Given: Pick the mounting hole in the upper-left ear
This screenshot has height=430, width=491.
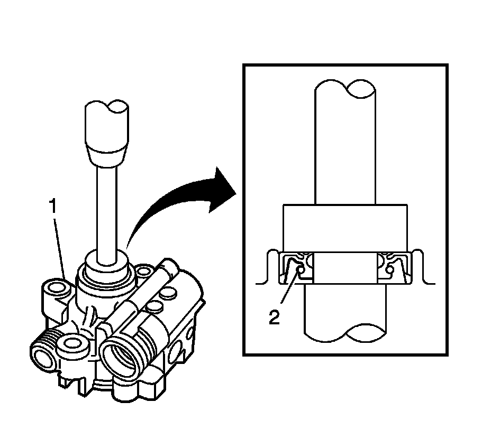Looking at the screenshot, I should point(56,288).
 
